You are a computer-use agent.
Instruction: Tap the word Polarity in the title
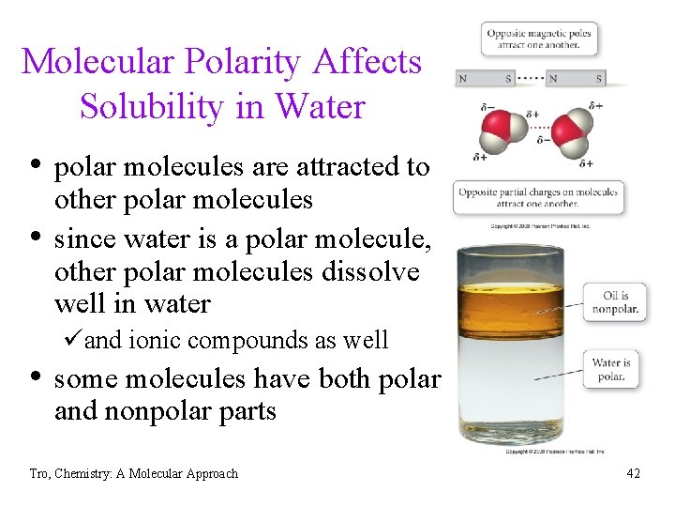coord(224,62)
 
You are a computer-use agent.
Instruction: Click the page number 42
coord(633,473)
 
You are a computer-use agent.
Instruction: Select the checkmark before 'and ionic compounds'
coord(75,339)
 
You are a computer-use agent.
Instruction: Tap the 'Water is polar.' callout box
coord(611,370)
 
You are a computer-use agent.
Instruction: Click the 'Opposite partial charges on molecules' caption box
coord(538,197)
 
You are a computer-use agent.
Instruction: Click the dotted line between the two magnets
coord(531,79)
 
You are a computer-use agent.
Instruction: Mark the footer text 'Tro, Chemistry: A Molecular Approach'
coord(134,473)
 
